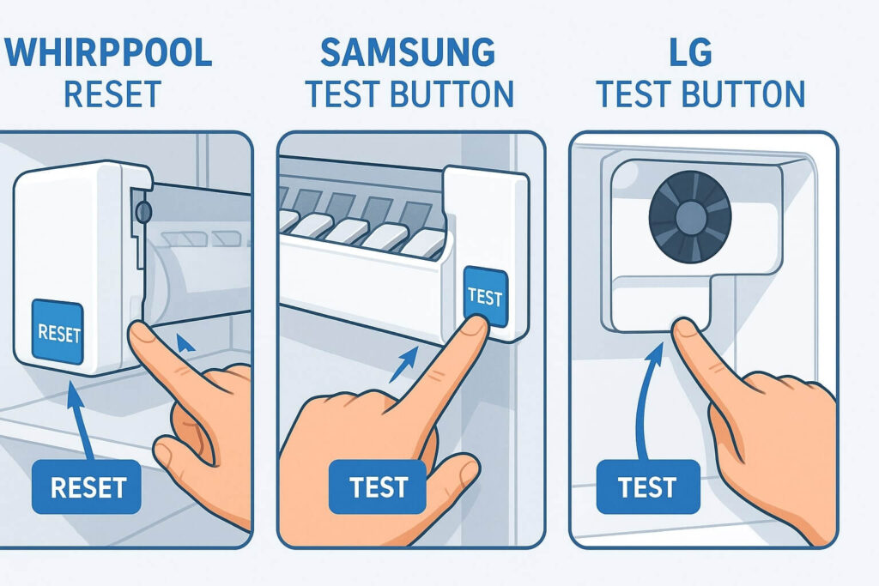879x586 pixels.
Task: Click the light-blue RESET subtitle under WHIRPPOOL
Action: tap(112, 94)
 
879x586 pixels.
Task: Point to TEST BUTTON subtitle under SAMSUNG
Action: tap(409, 94)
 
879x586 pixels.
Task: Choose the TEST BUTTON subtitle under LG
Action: tap(701, 94)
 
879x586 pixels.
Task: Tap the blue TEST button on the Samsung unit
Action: tap(485, 297)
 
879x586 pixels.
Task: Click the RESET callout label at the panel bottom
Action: tap(88, 487)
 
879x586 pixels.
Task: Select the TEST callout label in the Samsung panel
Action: tap(378, 487)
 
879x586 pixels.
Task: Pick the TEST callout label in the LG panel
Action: tap(646, 487)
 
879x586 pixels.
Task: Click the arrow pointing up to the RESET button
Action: tap(79, 420)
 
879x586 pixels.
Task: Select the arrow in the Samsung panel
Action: tap(403, 364)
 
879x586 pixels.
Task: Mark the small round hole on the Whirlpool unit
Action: tap(142, 209)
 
